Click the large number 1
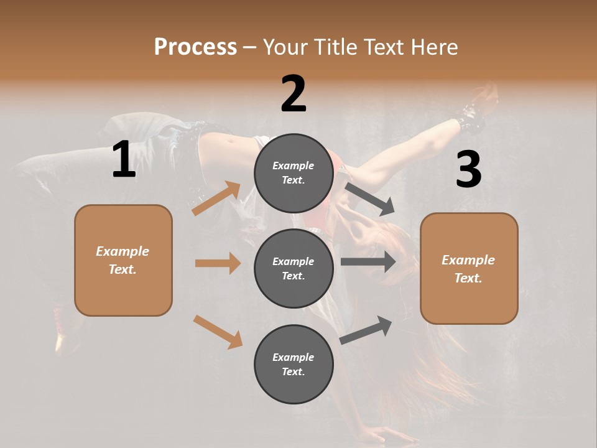(x=124, y=160)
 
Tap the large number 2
(x=294, y=94)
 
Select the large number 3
(x=468, y=170)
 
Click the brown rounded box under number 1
(x=123, y=260)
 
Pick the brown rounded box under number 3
(x=469, y=268)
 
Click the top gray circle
(x=294, y=173)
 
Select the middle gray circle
(x=294, y=268)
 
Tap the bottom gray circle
(x=294, y=364)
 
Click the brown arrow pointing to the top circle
(x=216, y=198)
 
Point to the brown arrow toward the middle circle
(x=218, y=263)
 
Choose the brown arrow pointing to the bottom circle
(x=218, y=331)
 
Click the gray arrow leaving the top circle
(x=369, y=198)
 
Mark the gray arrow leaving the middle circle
(x=368, y=261)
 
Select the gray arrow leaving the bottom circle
(x=366, y=330)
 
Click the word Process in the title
(x=195, y=47)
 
